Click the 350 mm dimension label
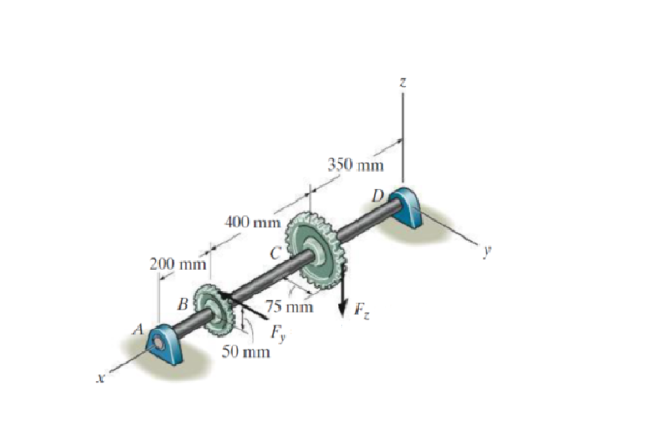coord(356,165)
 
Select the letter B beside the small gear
coord(183,303)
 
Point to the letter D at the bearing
coord(378,195)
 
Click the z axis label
coord(402,83)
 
